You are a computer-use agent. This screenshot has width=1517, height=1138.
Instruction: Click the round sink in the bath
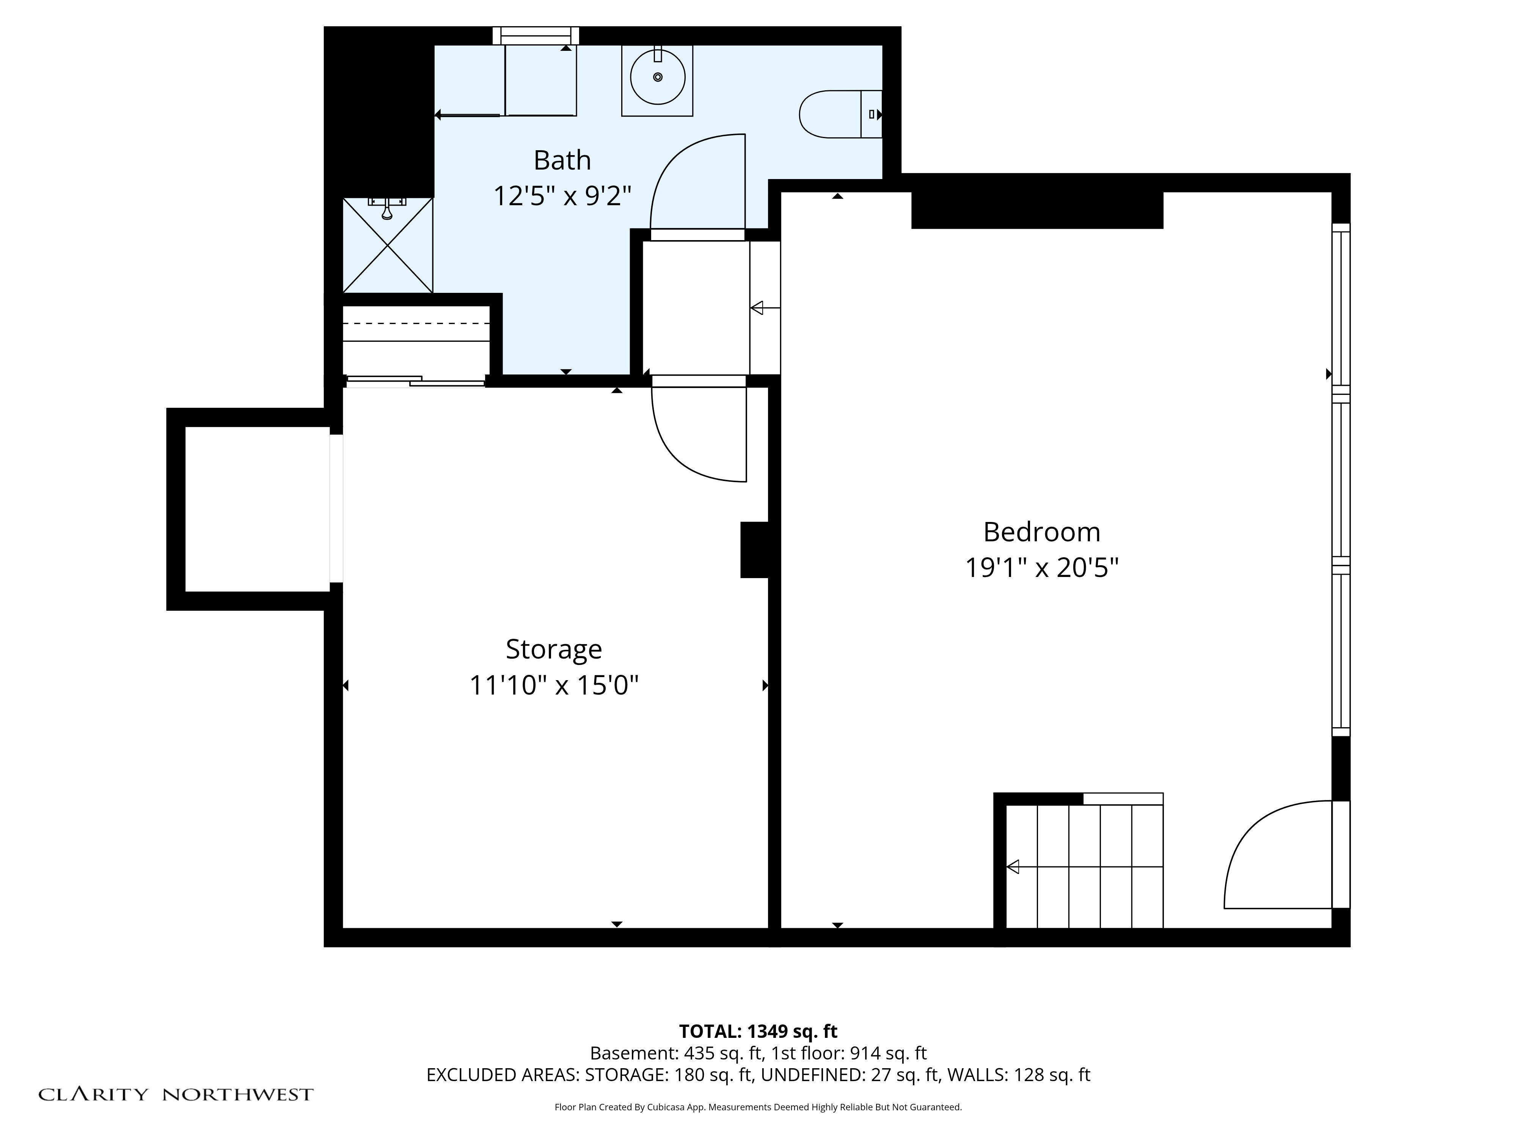tap(658, 77)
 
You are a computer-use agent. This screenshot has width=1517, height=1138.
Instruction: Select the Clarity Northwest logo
tap(176, 1094)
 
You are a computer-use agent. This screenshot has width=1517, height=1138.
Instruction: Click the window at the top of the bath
tap(536, 36)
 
